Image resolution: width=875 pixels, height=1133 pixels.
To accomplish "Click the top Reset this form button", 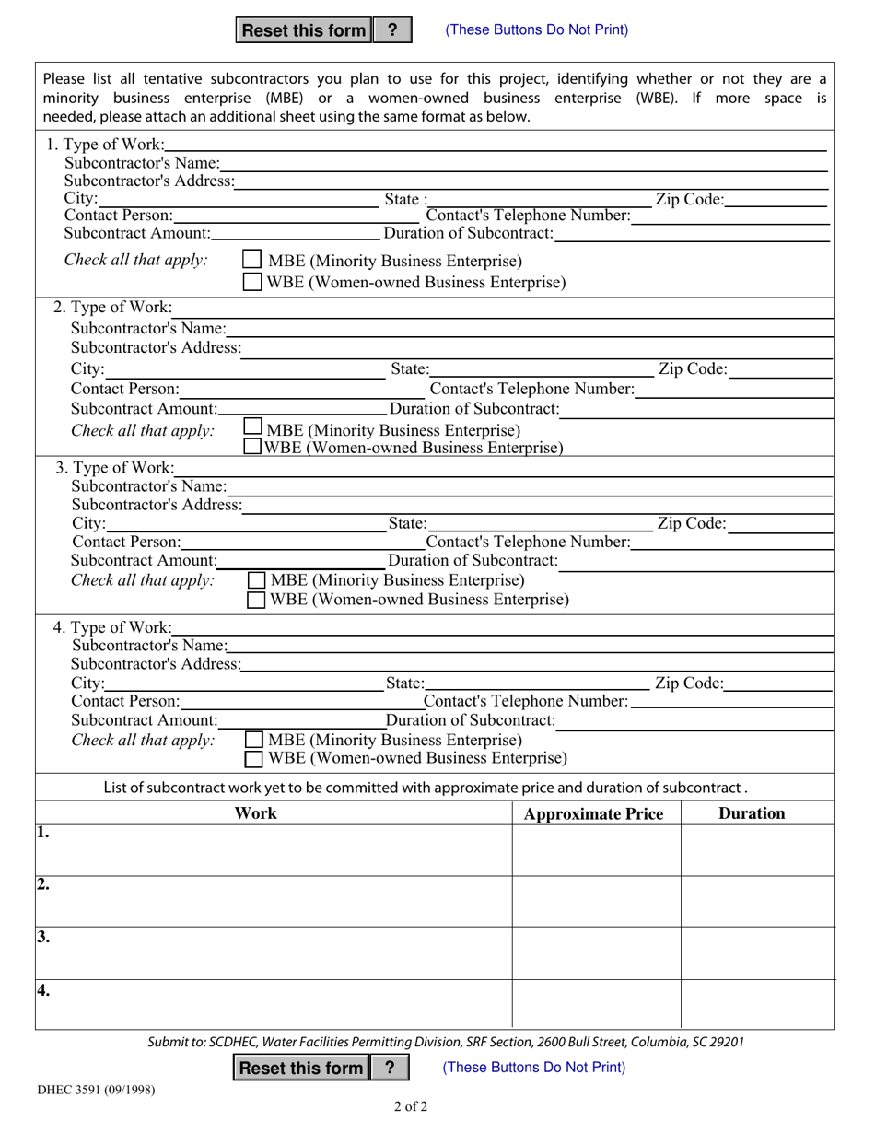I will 303,30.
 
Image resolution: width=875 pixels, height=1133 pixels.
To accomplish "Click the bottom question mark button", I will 390,1068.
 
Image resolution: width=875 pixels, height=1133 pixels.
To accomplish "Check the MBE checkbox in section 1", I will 251,261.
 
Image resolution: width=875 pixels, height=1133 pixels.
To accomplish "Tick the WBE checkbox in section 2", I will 251,448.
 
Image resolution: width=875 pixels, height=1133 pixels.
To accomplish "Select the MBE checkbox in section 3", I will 257,580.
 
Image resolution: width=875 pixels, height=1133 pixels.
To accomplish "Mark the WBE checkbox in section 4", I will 253,759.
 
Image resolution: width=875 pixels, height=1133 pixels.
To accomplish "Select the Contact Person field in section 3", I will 304,542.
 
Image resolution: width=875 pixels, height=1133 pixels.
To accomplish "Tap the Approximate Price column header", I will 594,814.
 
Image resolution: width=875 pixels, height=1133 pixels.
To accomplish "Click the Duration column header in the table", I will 752,813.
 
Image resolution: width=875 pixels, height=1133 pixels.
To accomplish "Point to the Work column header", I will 255,813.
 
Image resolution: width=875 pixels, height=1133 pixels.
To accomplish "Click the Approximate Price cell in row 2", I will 596,901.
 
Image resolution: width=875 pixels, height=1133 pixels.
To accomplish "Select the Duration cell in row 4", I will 757,1003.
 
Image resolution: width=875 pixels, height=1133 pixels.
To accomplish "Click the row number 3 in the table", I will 43,939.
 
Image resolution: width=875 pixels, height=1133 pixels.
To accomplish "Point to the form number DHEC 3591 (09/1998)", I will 96,1090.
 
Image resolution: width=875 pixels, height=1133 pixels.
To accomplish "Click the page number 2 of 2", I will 410,1106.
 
